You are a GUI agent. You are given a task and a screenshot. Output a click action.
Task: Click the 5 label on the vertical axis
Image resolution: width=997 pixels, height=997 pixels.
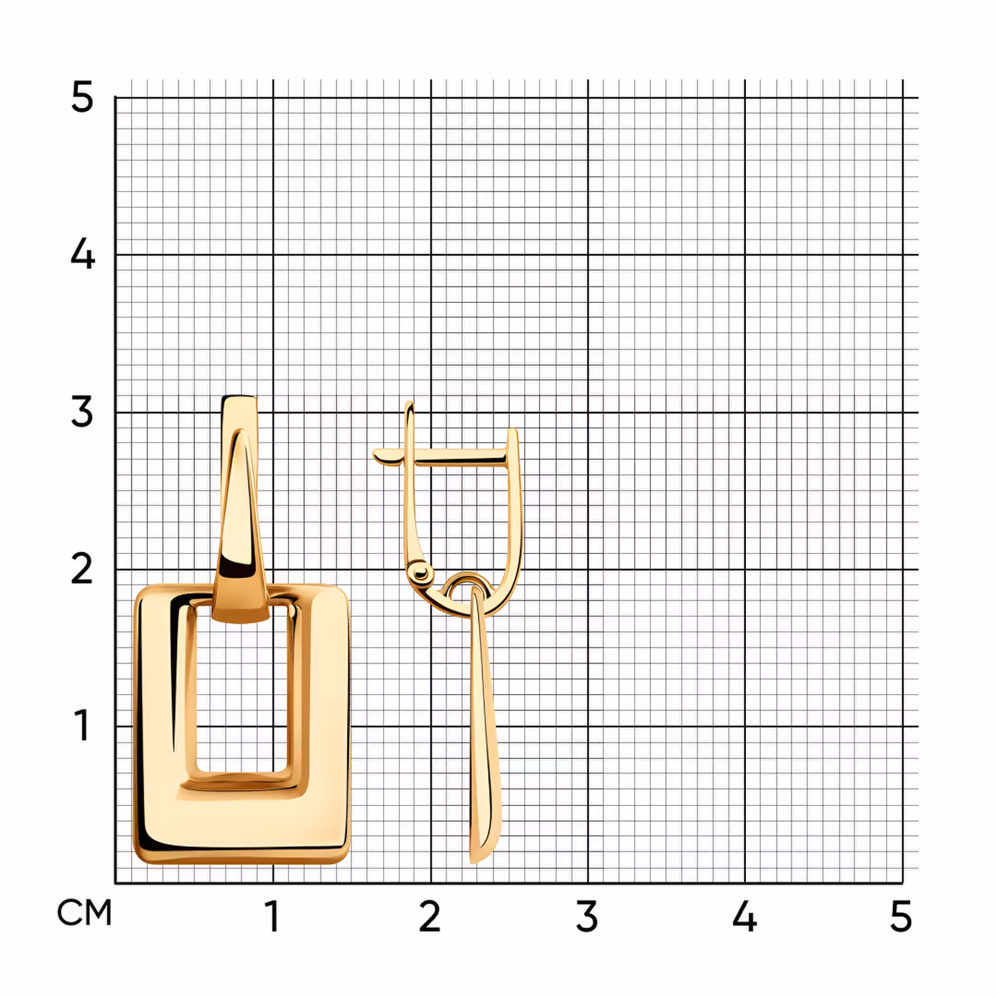[82, 97]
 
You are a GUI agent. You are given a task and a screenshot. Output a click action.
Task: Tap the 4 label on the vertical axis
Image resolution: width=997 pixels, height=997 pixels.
[82, 254]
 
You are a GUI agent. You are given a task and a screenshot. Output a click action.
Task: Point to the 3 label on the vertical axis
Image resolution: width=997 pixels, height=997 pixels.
[82, 412]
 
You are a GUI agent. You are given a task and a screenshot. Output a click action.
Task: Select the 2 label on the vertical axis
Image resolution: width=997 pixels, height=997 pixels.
[82, 569]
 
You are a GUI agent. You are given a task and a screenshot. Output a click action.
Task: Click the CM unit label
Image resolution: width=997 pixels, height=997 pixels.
[84, 914]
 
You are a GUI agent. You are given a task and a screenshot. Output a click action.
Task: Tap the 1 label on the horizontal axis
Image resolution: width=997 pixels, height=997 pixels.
[272, 917]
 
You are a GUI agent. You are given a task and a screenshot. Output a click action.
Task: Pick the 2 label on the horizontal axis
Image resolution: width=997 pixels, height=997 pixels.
[430, 917]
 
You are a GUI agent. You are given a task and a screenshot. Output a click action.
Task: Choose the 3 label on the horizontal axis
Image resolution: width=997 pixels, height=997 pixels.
[587, 917]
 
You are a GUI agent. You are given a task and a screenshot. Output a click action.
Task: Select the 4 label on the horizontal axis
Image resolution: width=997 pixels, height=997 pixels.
[745, 917]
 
